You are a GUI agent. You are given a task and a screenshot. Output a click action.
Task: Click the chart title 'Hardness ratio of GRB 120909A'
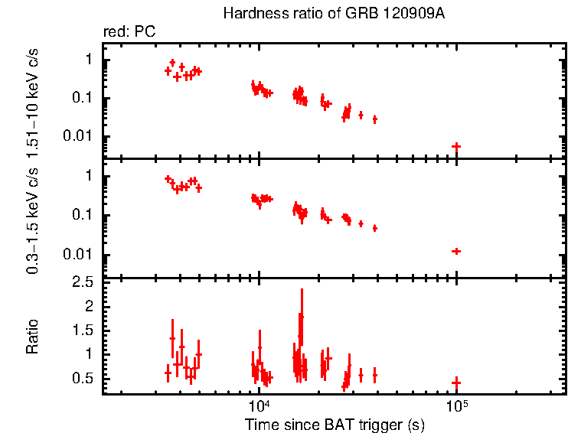(334, 14)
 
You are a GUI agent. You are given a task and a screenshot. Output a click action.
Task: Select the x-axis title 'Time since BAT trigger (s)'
(334, 424)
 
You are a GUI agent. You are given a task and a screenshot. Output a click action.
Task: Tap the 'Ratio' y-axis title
(32, 336)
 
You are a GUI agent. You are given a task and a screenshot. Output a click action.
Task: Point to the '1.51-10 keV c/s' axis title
(32, 100)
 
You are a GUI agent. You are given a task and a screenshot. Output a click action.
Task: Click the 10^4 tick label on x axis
(259, 405)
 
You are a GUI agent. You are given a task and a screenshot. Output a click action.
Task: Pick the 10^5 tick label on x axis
(457, 405)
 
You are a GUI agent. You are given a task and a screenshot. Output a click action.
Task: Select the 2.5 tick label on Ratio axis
(85, 282)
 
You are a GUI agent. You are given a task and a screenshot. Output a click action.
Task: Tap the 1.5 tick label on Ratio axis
(85, 330)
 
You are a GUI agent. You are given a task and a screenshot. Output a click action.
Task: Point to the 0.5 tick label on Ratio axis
(85, 379)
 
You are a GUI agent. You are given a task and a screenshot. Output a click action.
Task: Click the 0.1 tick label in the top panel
(85, 98)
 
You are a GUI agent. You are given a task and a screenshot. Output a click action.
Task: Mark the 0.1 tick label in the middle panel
(85, 215)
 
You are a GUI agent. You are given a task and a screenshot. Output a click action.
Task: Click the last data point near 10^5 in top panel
(456, 146)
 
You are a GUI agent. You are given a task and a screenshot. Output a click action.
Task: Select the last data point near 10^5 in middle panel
(456, 251)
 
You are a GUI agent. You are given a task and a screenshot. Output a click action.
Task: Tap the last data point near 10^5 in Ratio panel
(456, 383)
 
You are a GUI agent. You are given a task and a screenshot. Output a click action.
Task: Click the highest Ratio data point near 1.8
(302, 316)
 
